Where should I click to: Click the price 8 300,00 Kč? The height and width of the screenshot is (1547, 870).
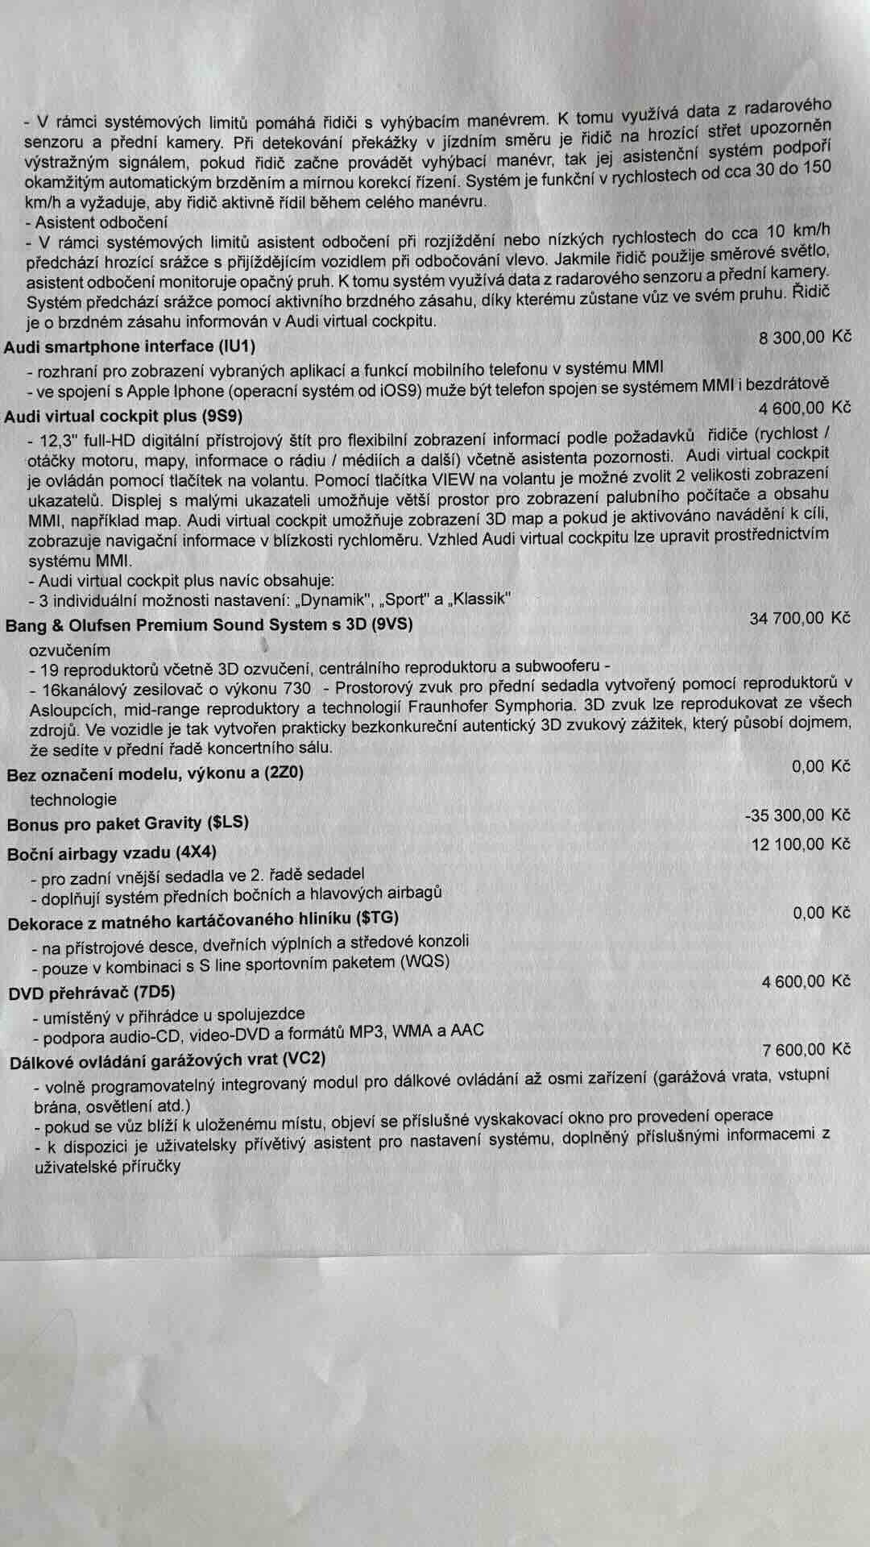pyautogui.click(x=804, y=338)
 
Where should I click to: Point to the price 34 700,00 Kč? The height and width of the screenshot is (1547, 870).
pyautogui.click(x=799, y=618)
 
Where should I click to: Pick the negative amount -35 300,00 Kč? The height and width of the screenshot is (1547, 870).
pyautogui.click(x=797, y=815)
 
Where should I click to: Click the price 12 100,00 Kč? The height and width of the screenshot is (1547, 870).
pyautogui.click(x=800, y=844)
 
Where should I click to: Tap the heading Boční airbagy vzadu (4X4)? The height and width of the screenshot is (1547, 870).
pyautogui.click(x=112, y=853)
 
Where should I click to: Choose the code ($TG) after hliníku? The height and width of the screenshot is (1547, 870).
pyautogui.click(x=377, y=918)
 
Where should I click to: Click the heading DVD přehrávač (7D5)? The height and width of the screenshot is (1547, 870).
pyautogui.click(x=91, y=993)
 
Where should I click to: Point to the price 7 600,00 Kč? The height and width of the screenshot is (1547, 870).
pyautogui.click(x=806, y=1049)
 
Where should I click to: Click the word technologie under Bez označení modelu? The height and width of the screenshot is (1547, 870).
pyautogui.click(x=73, y=799)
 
